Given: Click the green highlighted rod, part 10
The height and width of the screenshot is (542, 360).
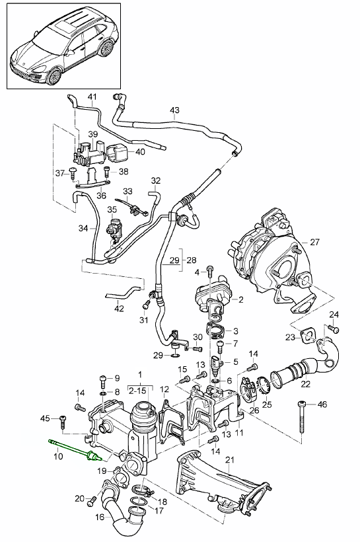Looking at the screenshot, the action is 75,450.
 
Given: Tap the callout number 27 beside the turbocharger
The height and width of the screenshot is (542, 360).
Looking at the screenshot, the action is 314,242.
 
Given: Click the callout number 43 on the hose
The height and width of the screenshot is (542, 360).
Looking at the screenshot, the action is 175,110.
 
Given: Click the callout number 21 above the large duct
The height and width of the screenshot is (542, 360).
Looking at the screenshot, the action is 230,460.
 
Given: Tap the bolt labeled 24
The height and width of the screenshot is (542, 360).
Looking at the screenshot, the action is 334,329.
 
